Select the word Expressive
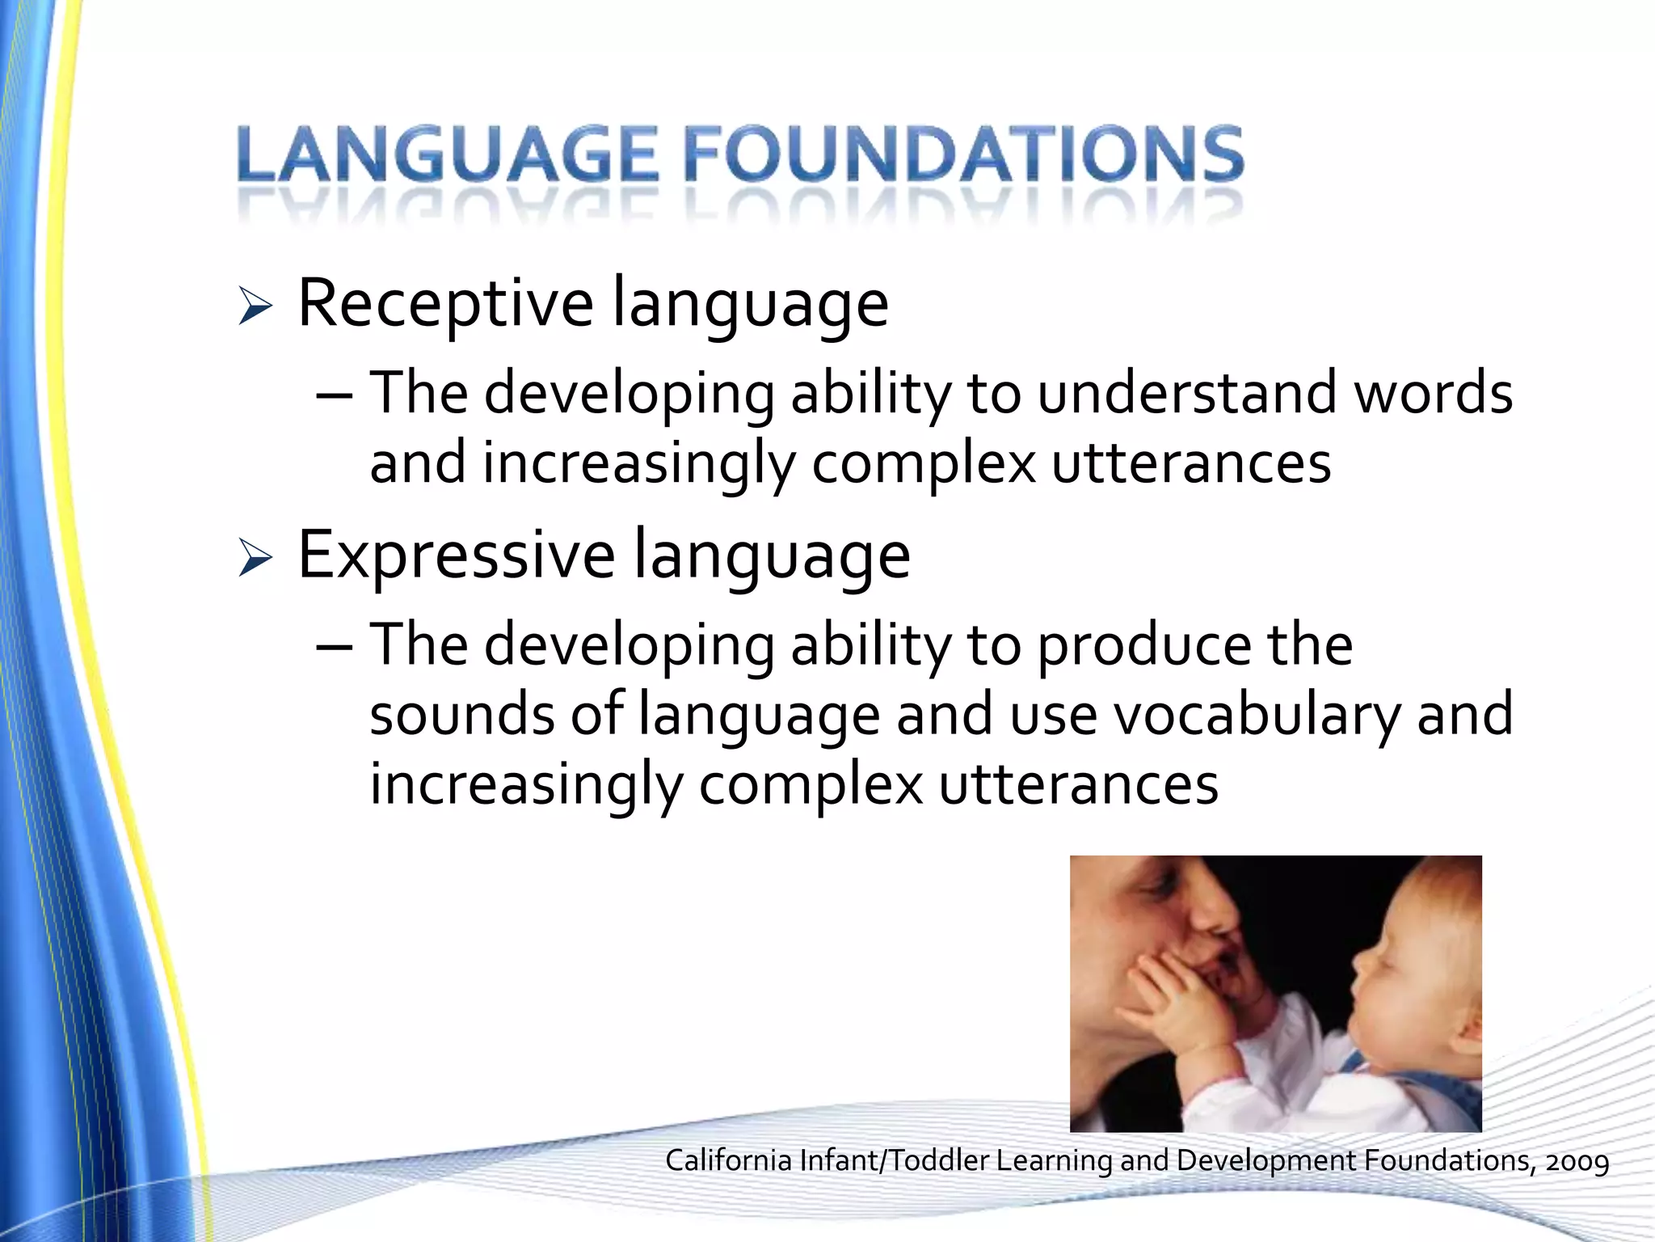(x=456, y=556)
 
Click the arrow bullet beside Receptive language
(x=255, y=308)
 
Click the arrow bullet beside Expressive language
(x=255, y=560)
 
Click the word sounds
(x=461, y=716)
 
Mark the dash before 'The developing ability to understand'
(x=335, y=396)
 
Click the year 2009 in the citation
(x=1577, y=1162)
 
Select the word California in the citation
(x=728, y=1160)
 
